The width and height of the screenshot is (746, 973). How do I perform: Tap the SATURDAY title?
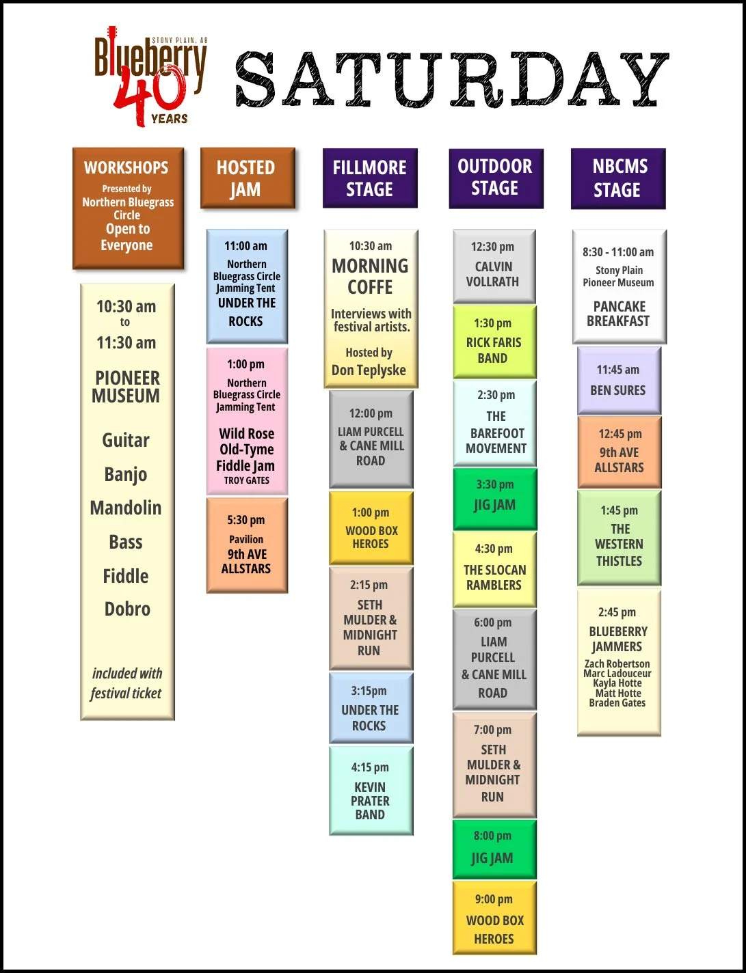[x=451, y=80]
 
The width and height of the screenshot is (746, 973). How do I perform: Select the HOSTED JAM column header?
[x=247, y=178]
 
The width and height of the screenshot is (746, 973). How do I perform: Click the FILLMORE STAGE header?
[x=370, y=178]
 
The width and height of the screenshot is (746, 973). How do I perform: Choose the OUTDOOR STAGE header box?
[x=496, y=178]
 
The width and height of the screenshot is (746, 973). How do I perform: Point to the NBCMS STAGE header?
[x=617, y=178]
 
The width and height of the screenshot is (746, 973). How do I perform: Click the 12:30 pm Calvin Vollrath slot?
[x=494, y=266]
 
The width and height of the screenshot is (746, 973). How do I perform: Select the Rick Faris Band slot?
[x=494, y=342]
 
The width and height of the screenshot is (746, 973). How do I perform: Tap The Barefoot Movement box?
[x=495, y=424]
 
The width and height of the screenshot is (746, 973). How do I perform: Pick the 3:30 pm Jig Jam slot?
[x=494, y=498]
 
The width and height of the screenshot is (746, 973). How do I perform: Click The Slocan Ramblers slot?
[x=494, y=570]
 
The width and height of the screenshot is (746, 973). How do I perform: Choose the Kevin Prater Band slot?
[x=371, y=791]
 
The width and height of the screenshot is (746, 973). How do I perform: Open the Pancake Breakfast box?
[x=619, y=286]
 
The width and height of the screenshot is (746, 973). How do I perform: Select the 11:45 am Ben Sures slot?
[x=619, y=381]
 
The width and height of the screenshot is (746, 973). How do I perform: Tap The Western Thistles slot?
[x=620, y=537]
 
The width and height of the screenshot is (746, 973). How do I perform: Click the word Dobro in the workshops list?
[x=127, y=609]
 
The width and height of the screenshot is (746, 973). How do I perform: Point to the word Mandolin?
[x=126, y=508]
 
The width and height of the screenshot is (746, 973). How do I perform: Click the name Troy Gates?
[x=247, y=480]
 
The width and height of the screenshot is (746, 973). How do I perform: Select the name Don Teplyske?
[x=369, y=370]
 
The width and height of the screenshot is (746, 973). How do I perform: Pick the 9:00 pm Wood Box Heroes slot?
[x=494, y=918]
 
